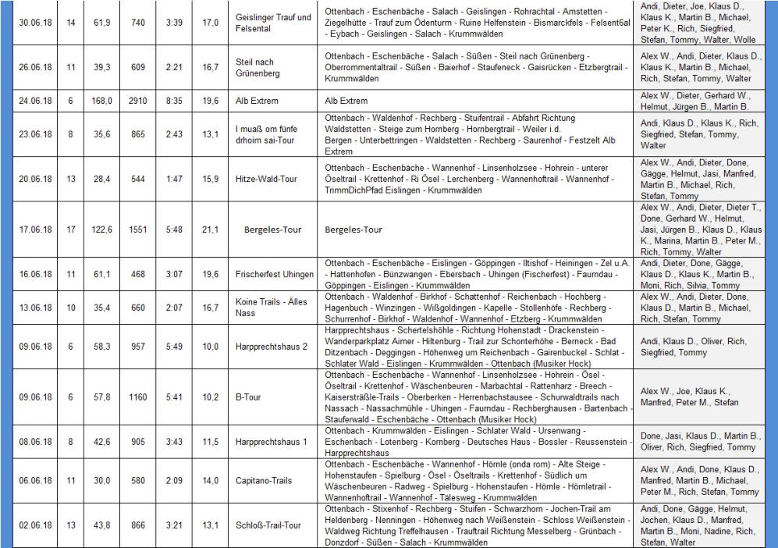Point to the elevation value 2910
(x=138, y=101)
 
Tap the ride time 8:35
(x=174, y=101)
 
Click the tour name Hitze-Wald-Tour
(x=266, y=179)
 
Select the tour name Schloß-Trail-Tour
(x=268, y=525)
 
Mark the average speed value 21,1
(x=211, y=230)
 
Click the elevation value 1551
(x=138, y=230)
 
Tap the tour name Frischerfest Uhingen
(x=274, y=274)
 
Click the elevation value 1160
(x=138, y=397)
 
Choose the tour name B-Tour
(x=247, y=397)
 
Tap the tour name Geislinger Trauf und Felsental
(x=273, y=23)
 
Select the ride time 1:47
(x=174, y=179)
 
